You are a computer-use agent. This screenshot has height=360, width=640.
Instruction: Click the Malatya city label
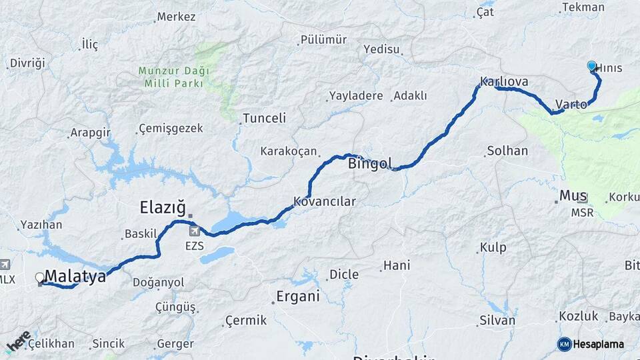[x=75, y=276]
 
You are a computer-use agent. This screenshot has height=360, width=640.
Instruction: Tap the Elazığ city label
[x=163, y=207]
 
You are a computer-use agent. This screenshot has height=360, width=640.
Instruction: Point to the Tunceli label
[x=264, y=118]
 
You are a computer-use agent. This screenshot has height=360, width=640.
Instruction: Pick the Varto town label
[x=571, y=105]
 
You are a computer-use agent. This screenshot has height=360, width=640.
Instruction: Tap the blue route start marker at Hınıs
[x=591, y=66]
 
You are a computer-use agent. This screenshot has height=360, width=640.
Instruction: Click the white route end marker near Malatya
[x=39, y=277]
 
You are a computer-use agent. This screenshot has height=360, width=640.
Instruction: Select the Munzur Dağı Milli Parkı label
[x=174, y=77]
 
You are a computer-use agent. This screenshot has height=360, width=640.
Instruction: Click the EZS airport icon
[x=195, y=231]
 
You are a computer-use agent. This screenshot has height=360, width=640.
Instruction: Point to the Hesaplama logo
[x=591, y=344]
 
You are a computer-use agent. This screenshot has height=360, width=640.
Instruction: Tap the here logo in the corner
[x=18, y=341]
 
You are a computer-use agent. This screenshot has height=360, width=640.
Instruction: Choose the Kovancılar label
[x=325, y=201]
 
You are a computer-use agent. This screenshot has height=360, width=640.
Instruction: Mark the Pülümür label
[x=325, y=39]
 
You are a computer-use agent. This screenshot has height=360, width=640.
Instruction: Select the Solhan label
[x=507, y=151]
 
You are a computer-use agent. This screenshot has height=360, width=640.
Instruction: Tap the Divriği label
[x=27, y=63]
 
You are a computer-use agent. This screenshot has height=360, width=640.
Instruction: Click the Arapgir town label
[x=91, y=132]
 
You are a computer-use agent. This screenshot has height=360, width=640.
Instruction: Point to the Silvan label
[x=497, y=321]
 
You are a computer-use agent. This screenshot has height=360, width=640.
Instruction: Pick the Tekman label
[x=583, y=7]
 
